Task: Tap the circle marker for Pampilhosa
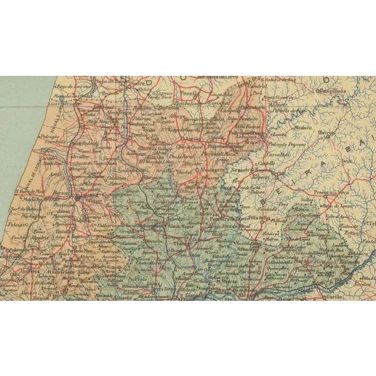tap(318, 91)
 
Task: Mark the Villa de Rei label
tap(259, 217)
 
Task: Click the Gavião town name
tap(336, 296)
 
